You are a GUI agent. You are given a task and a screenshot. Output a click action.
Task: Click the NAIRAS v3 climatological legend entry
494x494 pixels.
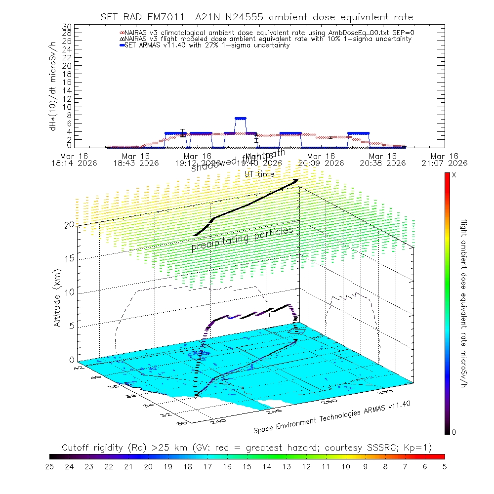[x=267, y=33]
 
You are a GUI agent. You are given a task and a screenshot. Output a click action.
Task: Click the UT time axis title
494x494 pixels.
[x=259, y=174]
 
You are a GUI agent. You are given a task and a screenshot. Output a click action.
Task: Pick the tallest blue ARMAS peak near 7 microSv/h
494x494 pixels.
[x=240, y=119]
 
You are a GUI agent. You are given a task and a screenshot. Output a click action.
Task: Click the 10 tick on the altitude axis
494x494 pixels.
[x=70, y=292]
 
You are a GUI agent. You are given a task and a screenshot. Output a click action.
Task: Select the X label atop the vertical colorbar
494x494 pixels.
[x=454, y=175]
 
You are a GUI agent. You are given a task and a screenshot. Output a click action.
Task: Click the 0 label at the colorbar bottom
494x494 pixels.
[x=454, y=432]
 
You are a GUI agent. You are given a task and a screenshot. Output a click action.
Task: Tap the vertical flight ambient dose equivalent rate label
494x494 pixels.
[x=464, y=302]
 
